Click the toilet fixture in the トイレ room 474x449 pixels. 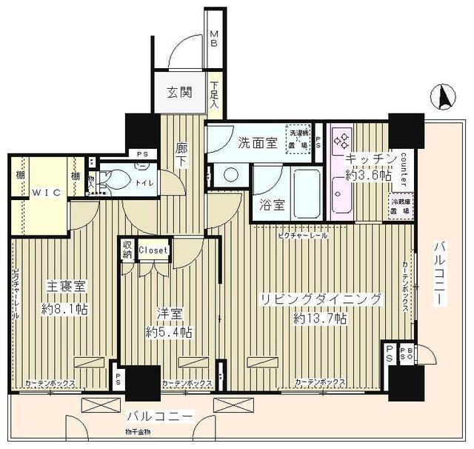[x=110, y=178]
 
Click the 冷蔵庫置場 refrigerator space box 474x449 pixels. [x=401, y=205]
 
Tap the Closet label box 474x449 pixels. [x=153, y=250]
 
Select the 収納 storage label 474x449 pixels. [x=127, y=250]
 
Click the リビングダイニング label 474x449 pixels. [x=319, y=299]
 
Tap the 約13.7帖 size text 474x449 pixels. [x=319, y=319]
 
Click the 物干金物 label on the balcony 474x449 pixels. [x=137, y=431]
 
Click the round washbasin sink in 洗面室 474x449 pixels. [x=231, y=176]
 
